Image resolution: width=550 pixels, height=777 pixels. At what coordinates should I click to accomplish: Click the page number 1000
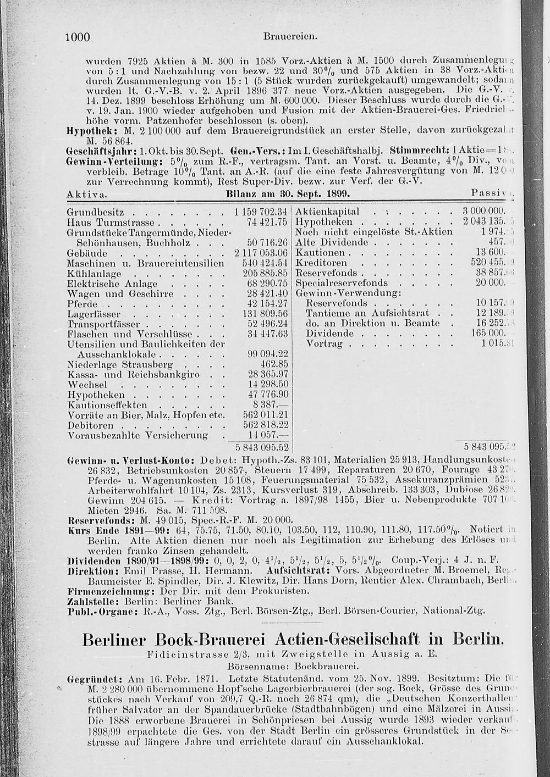pyautogui.click(x=77, y=37)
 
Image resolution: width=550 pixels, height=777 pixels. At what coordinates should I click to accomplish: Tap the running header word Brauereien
pyautogui.click(x=290, y=37)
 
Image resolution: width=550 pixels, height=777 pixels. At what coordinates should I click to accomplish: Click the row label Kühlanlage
pyautogui.click(x=94, y=274)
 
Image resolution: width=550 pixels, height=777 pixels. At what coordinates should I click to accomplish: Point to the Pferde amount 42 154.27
pyautogui.click(x=267, y=304)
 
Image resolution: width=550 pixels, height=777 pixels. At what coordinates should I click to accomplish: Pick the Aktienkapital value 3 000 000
pyautogui.click(x=483, y=212)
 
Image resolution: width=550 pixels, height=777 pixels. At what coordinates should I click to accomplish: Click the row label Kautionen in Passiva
pyautogui.click(x=320, y=253)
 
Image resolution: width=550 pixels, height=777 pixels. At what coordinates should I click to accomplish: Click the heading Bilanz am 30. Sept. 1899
pyautogui.click(x=288, y=195)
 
